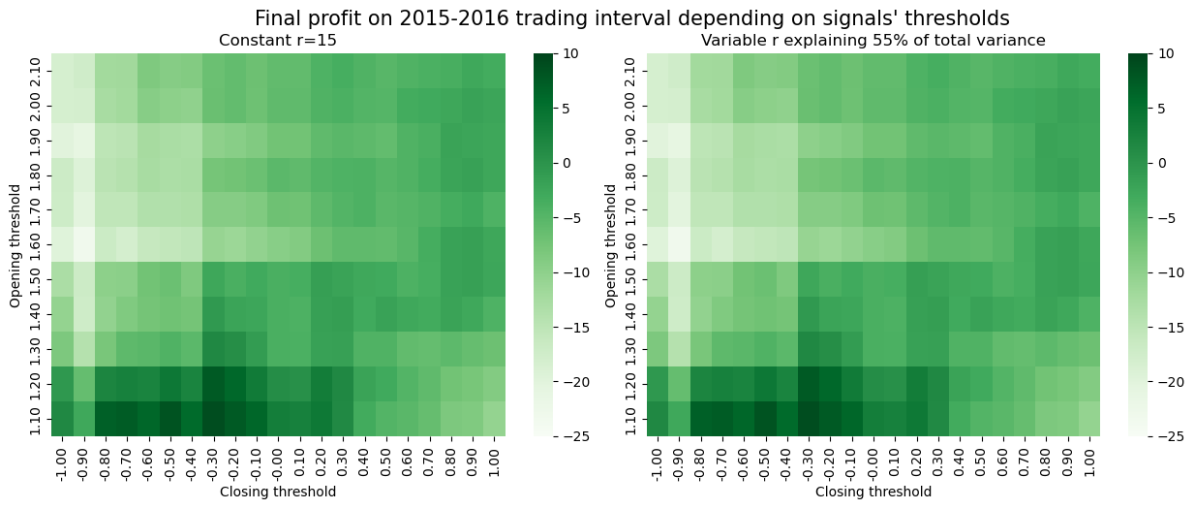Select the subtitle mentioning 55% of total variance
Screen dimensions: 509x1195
point(873,41)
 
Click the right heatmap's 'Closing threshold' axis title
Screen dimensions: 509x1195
point(873,492)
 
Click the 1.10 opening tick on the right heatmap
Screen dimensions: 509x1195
point(629,419)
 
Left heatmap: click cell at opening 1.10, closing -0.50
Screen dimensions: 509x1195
point(172,419)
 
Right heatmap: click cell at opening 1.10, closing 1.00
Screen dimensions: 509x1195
point(1090,419)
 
